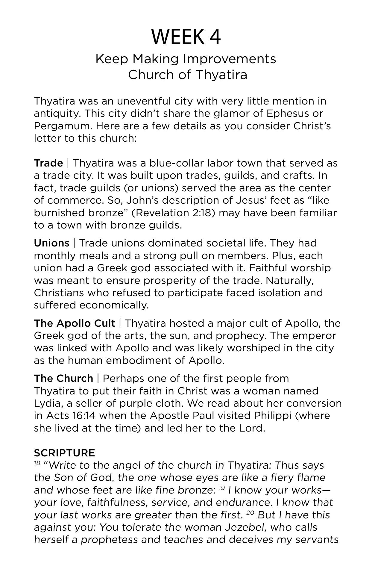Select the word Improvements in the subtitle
click(230, 59)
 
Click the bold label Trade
click(48, 163)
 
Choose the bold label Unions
click(51, 243)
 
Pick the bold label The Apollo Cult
click(74, 323)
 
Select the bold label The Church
click(63, 379)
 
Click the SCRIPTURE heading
click(64, 453)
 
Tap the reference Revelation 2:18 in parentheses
click(173, 213)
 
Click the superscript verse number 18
click(37, 463)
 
